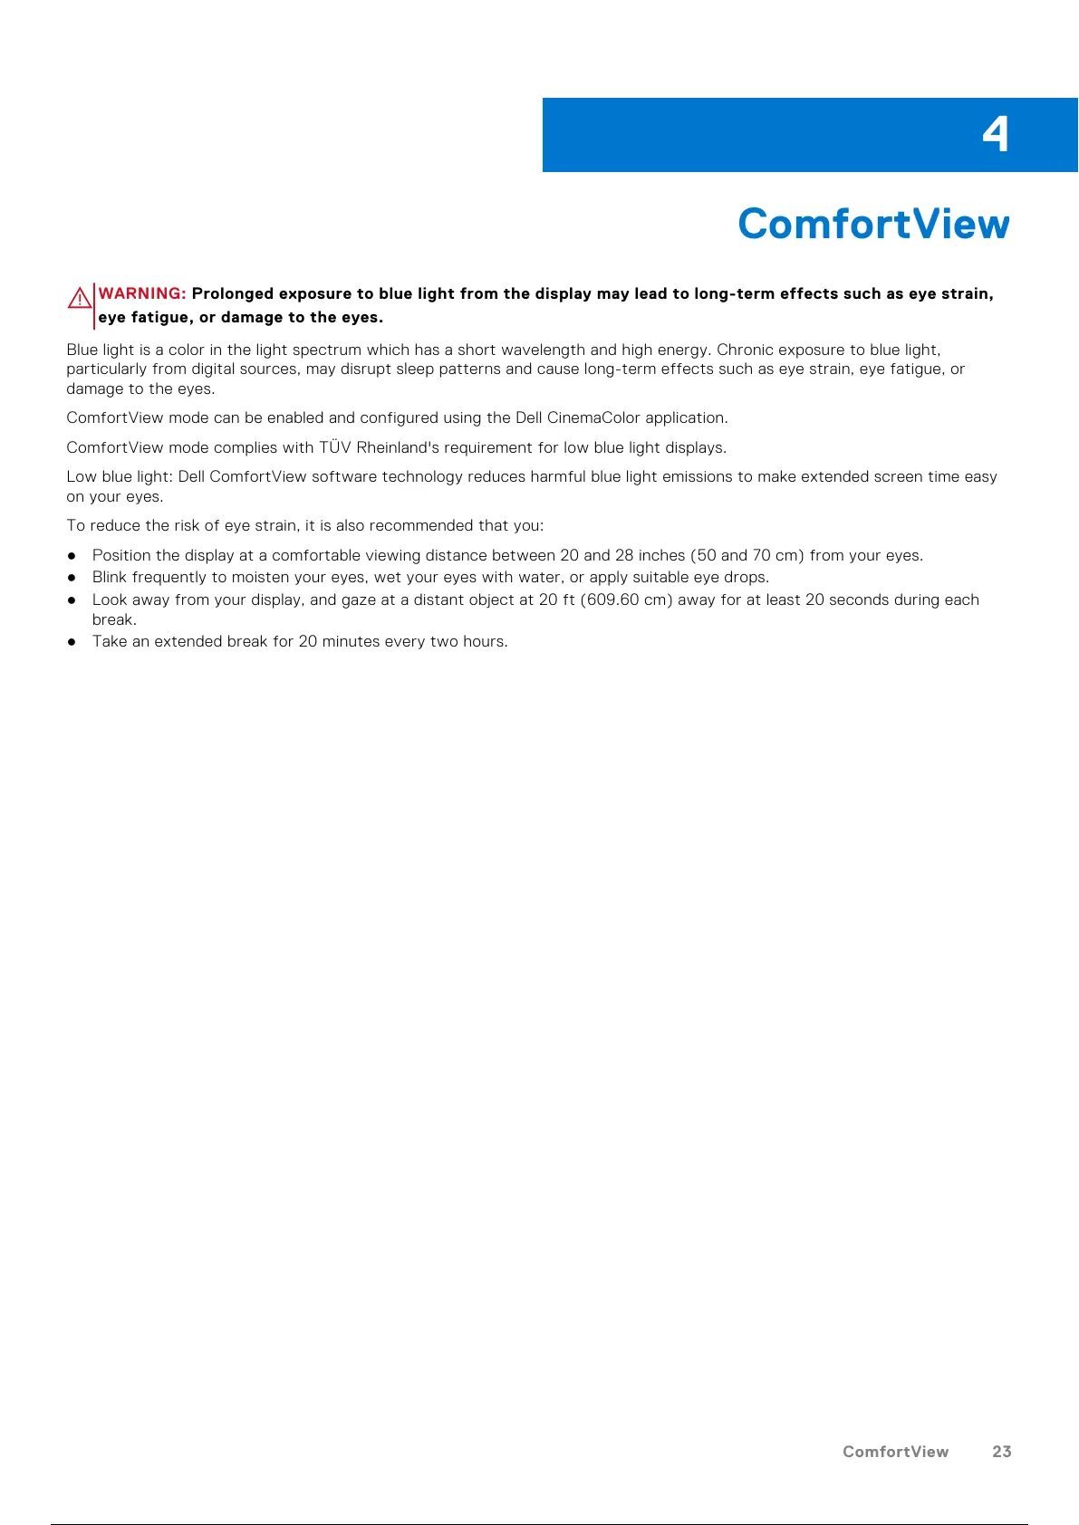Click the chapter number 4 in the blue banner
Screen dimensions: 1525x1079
click(995, 135)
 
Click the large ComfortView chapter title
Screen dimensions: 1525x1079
click(873, 224)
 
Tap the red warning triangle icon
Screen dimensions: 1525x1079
click(79, 297)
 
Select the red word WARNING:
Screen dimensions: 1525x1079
click(142, 293)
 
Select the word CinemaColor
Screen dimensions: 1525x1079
click(593, 417)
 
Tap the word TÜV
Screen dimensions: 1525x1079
click(335, 447)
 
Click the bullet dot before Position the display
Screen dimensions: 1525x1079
click(72, 556)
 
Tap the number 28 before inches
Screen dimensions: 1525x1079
click(624, 555)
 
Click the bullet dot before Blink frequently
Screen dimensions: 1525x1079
click(72, 578)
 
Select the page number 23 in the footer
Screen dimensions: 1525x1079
click(1001, 1452)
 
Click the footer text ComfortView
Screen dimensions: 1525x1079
click(895, 1452)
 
